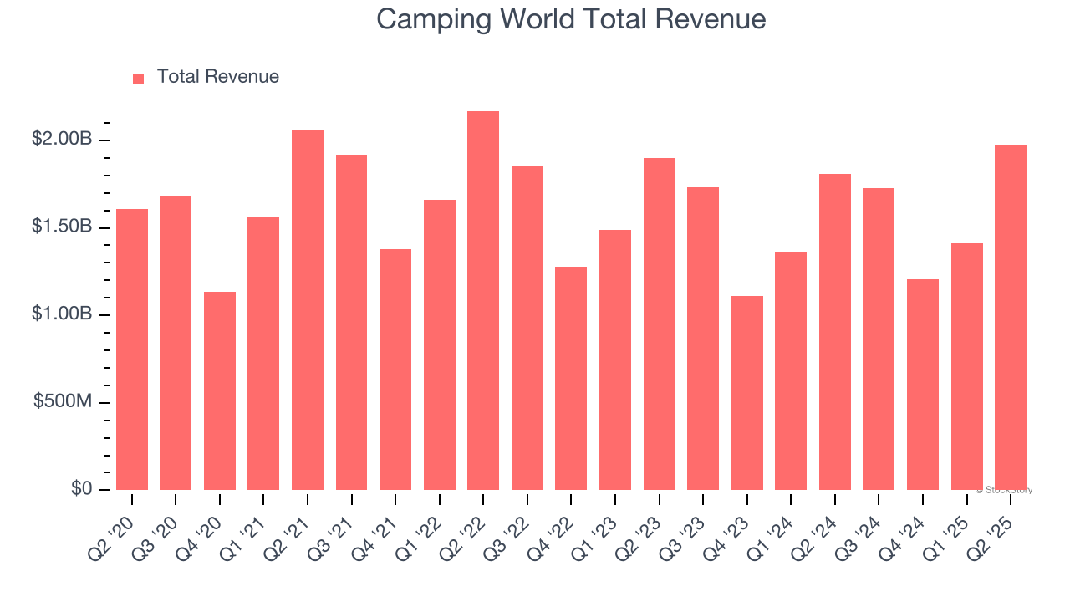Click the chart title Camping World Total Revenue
click(x=571, y=18)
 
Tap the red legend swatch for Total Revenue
click(x=138, y=78)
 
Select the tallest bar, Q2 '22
click(x=483, y=301)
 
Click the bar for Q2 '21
click(x=308, y=309)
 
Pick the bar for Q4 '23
click(x=747, y=393)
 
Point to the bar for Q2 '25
click(x=1011, y=318)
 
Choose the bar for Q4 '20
click(x=220, y=391)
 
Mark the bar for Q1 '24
click(x=791, y=370)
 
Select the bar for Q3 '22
click(x=527, y=328)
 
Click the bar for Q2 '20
click(x=132, y=349)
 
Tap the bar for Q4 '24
click(x=923, y=385)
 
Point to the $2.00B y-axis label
click(x=62, y=140)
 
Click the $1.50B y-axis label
click(x=62, y=227)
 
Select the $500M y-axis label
click(x=63, y=402)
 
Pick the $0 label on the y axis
click(x=81, y=489)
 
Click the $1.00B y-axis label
click(x=62, y=314)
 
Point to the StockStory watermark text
click(x=1004, y=490)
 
